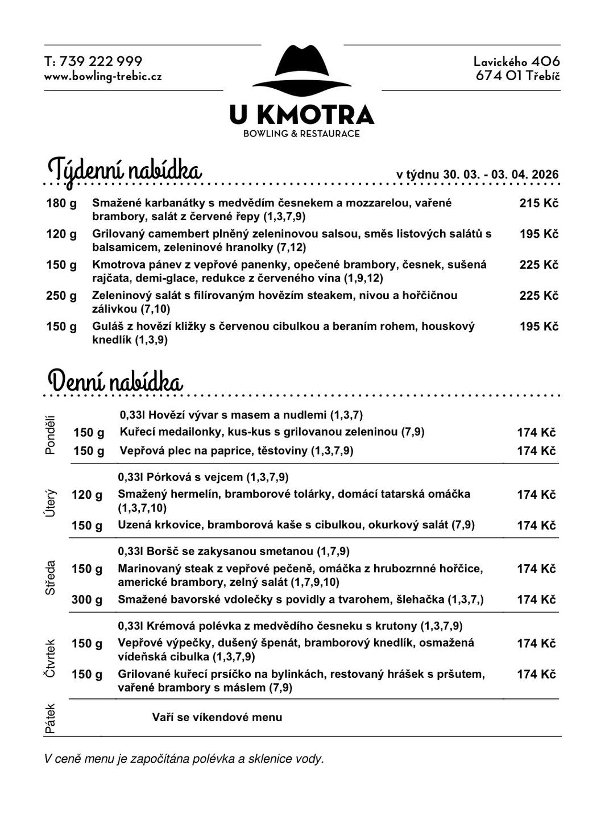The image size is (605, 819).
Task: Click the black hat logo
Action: click(301, 69)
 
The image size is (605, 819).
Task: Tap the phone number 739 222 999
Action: click(101, 61)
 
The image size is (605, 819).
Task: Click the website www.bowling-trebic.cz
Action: click(103, 76)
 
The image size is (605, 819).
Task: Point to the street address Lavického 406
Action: click(516, 61)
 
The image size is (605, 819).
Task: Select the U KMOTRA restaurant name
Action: click(302, 114)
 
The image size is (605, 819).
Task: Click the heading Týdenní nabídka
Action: click(125, 170)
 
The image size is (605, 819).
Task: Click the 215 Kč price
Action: click(538, 203)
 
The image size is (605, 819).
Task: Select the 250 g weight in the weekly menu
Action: click(61, 296)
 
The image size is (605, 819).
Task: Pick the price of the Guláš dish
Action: click(538, 326)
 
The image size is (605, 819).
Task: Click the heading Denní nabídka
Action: click(115, 381)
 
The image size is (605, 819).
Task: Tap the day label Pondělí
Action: click(51, 435)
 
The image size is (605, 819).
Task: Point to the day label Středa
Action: click(51, 577)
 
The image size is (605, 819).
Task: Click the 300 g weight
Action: click(87, 599)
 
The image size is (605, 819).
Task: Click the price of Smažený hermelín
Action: click(536, 495)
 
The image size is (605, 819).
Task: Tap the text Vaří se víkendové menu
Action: click(217, 717)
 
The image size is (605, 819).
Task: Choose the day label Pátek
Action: click(51, 718)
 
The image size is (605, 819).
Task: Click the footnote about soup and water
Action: click(184, 759)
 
